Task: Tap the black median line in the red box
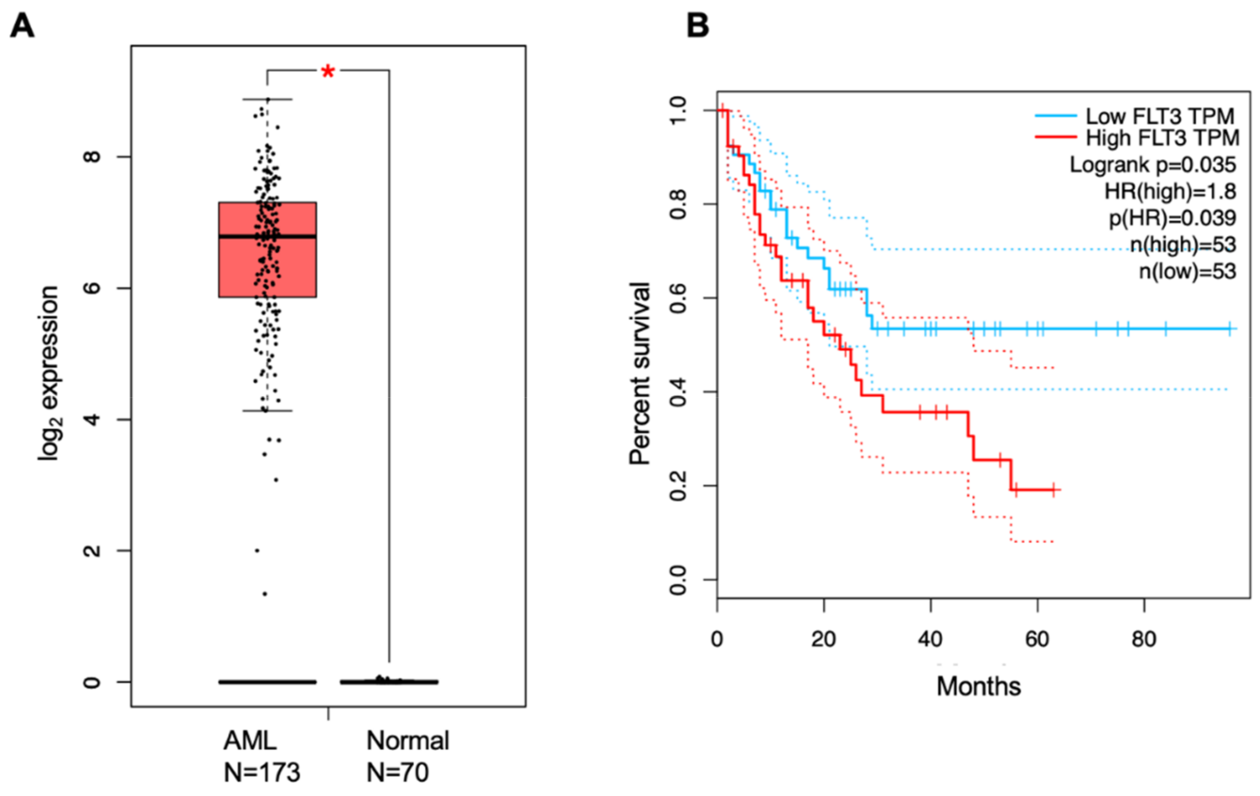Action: point(267,237)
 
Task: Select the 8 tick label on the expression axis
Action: point(92,156)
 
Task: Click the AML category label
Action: point(250,741)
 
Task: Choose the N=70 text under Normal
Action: point(397,772)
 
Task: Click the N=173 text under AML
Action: point(262,772)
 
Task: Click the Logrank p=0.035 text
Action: point(1153,165)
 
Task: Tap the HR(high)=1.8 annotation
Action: point(1170,191)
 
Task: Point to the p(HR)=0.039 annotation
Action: point(1172,218)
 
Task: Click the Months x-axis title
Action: point(979,686)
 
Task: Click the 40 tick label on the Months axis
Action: point(931,639)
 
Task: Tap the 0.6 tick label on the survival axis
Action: point(678,298)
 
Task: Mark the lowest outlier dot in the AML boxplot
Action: point(265,594)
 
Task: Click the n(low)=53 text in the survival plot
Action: point(1188,272)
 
